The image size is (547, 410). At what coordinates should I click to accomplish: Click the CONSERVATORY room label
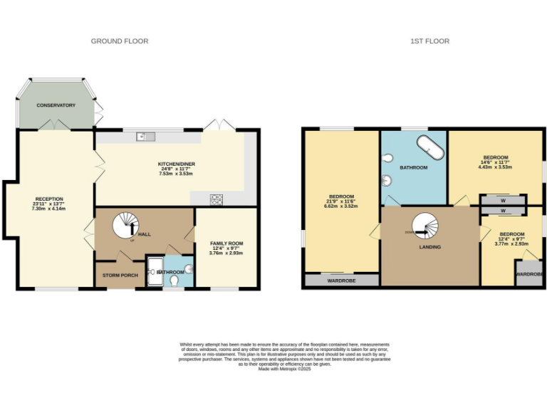coord(56,105)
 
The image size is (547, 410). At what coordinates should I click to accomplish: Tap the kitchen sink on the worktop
coord(143,135)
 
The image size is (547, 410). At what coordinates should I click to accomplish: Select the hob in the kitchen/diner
coord(217,199)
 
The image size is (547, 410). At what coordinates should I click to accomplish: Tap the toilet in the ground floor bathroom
coord(175,280)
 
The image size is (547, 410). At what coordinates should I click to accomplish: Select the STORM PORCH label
coord(120,275)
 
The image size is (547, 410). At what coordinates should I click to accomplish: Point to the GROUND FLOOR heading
coord(120,41)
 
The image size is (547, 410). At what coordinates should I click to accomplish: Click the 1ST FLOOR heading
coord(429,41)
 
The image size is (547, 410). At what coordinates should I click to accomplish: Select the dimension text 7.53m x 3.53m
coord(177,174)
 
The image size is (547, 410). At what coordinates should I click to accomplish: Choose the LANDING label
coord(429,247)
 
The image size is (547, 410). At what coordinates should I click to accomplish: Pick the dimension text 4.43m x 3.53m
coord(496,167)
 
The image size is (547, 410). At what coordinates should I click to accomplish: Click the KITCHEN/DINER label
coord(177,164)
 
